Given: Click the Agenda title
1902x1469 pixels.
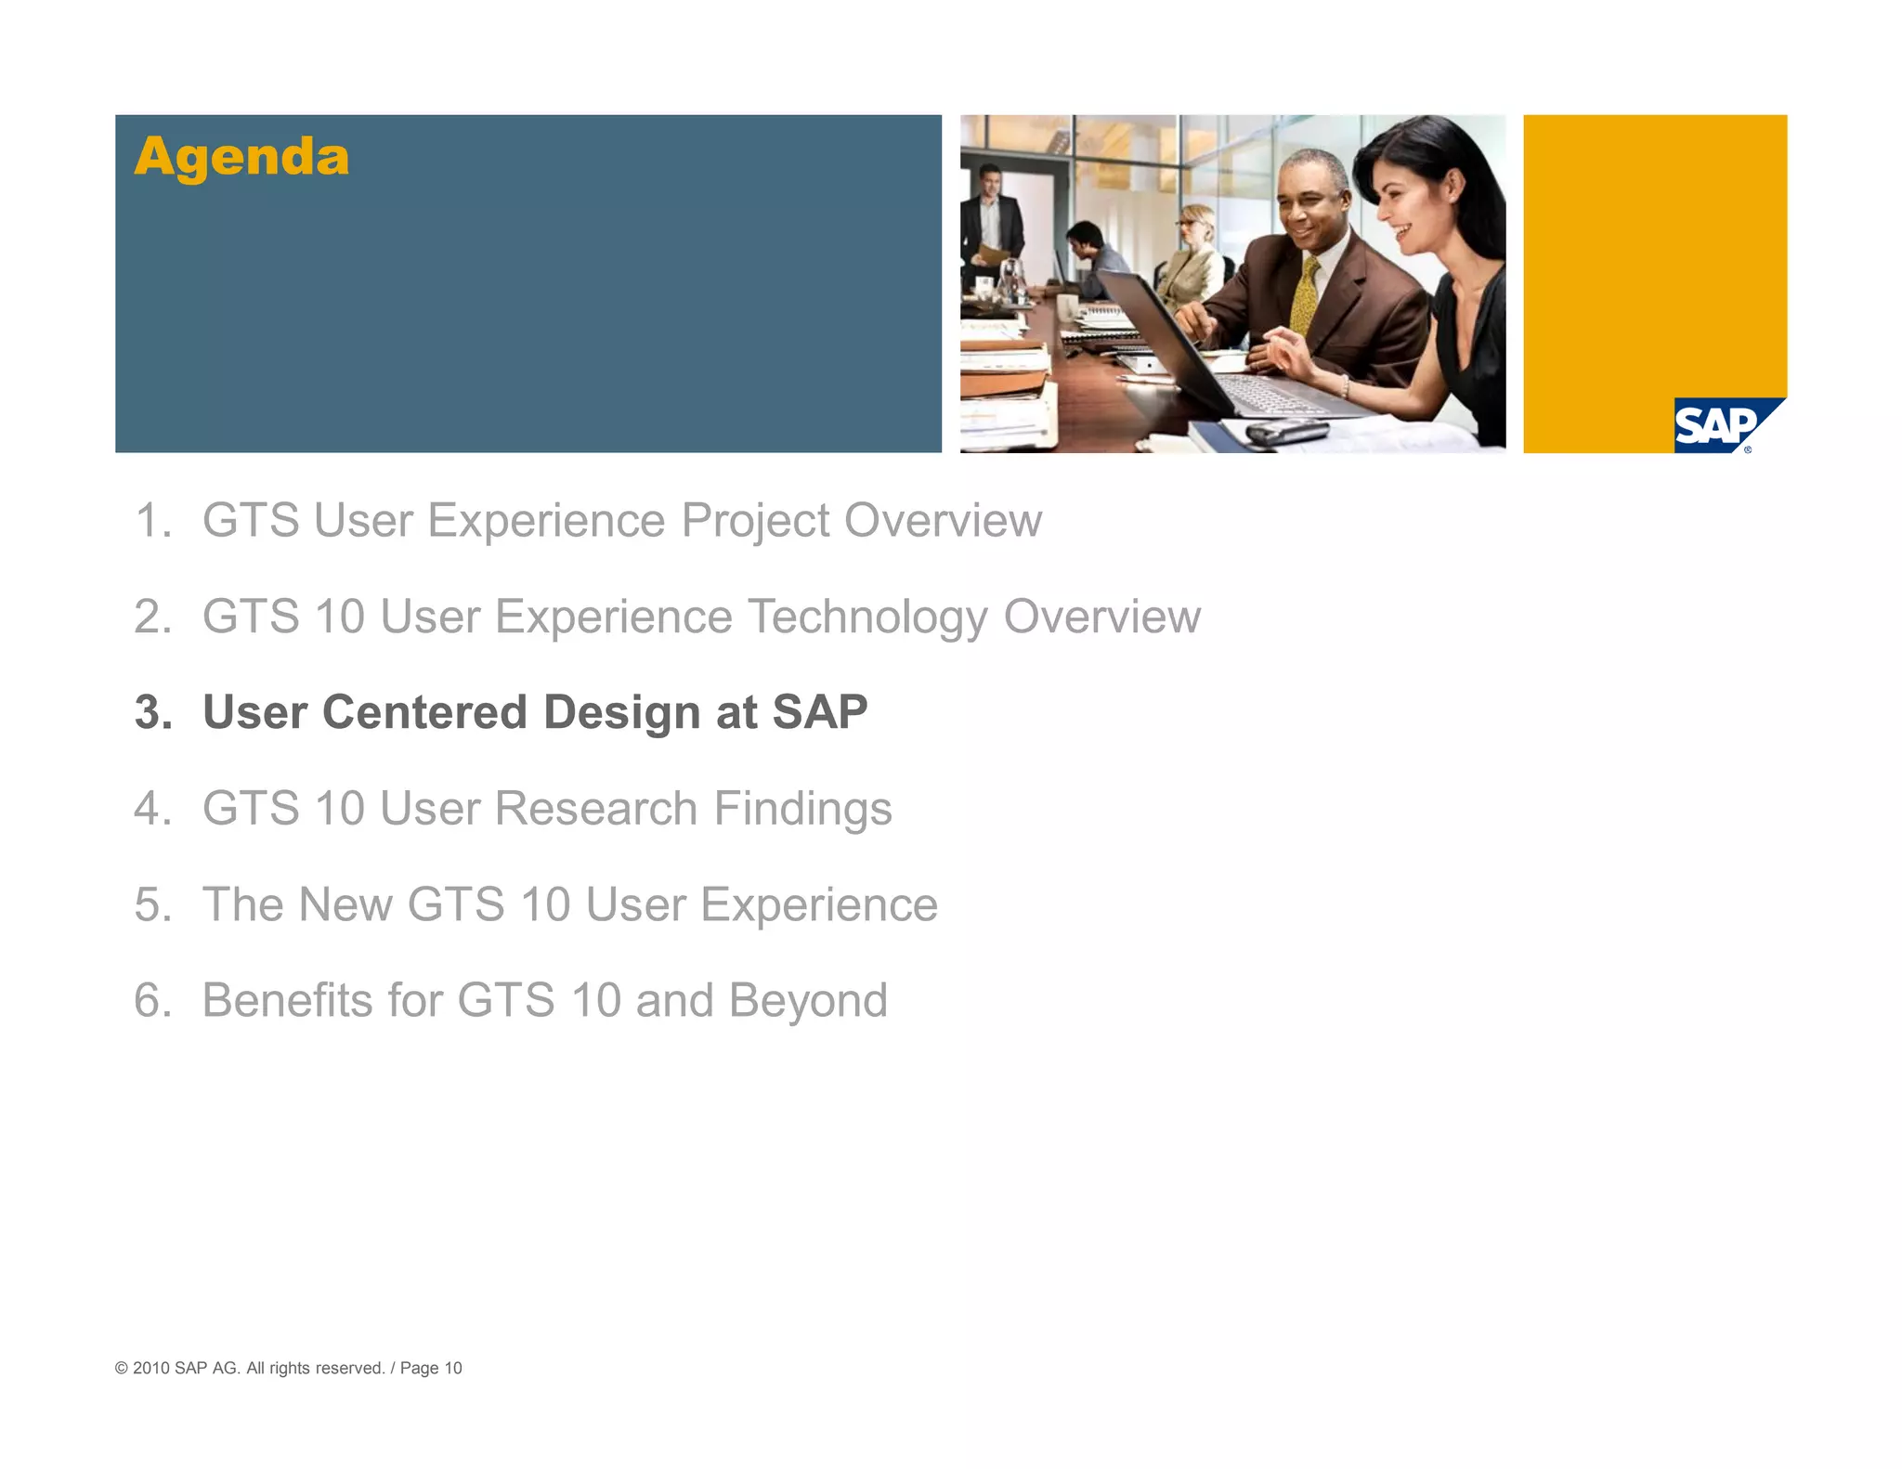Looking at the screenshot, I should click(x=241, y=156).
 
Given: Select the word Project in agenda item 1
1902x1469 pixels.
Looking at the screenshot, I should click(x=755, y=520).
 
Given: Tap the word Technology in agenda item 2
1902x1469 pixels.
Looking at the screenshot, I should click(x=867, y=617).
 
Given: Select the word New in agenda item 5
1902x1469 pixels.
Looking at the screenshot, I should click(x=345, y=904).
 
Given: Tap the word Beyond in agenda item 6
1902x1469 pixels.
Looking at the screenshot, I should click(x=807, y=1000).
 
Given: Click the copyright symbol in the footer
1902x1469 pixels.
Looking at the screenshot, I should click(x=122, y=1368).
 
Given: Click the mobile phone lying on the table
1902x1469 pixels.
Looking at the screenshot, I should click(x=1286, y=432).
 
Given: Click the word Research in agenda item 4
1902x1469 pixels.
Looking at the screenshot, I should click(x=595, y=808).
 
